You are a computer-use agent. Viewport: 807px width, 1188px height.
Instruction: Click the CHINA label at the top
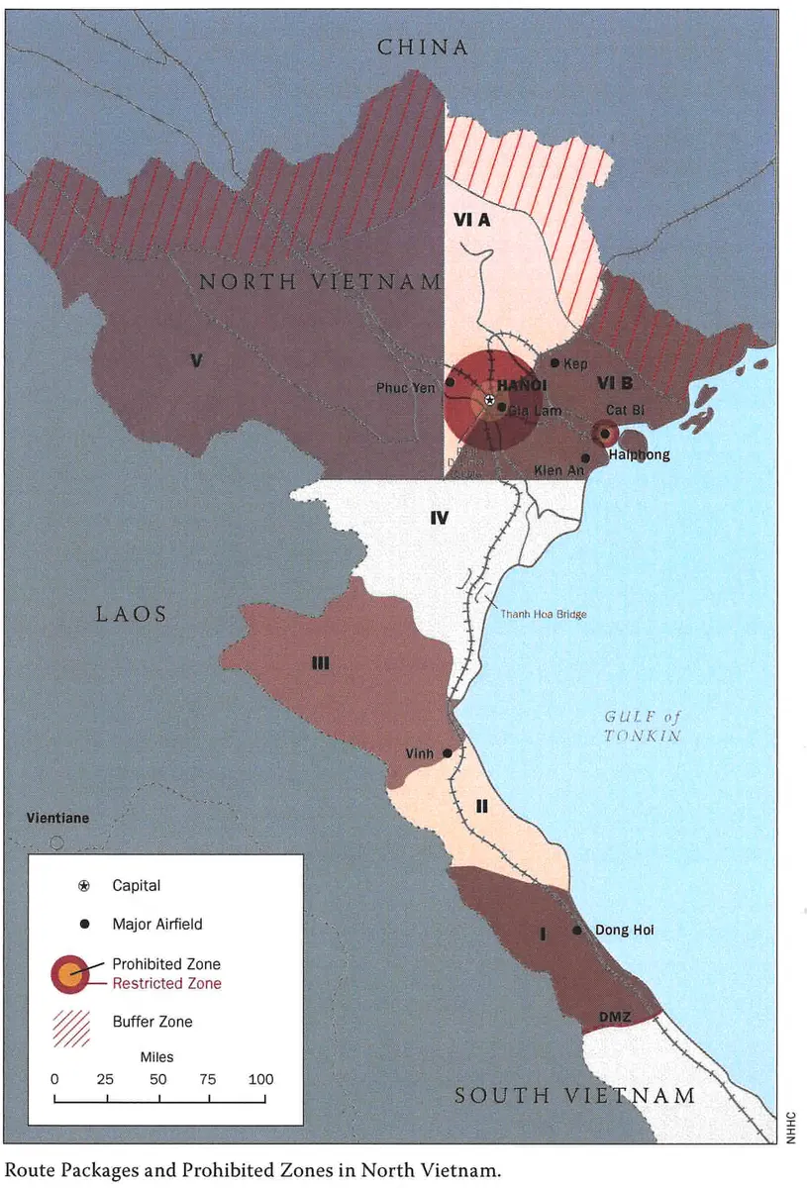[422, 47]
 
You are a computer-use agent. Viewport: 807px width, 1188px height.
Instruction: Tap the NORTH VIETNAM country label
[320, 282]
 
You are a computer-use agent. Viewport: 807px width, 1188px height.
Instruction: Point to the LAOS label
[131, 615]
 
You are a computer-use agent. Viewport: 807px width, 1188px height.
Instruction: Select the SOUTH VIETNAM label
[574, 1096]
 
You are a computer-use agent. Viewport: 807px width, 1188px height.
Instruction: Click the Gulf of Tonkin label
[643, 726]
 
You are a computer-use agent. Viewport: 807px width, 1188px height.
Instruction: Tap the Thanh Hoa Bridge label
[543, 615]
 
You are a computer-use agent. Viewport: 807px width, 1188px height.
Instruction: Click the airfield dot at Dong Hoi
[577, 931]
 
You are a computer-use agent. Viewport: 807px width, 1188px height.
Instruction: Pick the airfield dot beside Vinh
[448, 753]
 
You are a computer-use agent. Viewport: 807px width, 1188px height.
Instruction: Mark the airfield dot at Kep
[555, 363]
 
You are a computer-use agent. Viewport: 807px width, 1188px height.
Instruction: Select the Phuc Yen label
[405, 388]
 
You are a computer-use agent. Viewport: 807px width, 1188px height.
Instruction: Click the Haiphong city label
[639, 454]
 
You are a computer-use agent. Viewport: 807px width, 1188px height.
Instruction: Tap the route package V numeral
[196, 361]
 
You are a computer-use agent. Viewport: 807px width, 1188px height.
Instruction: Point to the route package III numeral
[320, 664]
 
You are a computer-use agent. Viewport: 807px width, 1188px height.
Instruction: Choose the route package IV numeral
[440, 518]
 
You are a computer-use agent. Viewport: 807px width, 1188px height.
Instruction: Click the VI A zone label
[472, 221]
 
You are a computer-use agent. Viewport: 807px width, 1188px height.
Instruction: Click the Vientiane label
[58, 819]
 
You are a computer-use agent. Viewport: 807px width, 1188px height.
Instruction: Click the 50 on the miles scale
[157, 1079]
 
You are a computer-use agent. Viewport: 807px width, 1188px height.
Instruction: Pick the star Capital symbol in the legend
[84, 886]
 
